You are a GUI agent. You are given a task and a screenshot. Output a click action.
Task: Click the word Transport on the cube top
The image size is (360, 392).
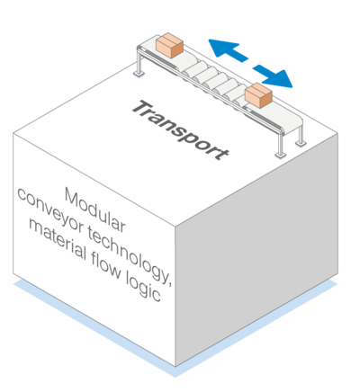coord(180,130)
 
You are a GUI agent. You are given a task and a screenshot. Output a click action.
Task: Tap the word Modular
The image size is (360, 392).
coord(95,209)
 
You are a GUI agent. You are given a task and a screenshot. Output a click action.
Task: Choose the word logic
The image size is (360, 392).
coord(143,284)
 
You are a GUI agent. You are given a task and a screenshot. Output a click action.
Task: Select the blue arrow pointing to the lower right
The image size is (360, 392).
coord(273,76)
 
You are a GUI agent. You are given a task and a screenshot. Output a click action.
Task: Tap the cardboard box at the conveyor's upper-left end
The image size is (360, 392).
coord(169,45)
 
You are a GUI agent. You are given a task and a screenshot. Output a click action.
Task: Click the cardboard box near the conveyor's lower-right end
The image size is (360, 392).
coord(258,95)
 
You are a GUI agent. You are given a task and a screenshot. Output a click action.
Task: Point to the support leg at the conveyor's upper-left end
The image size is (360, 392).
coord(139,64)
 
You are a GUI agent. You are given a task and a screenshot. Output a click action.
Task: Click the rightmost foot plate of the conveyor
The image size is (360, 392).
coord(301,143)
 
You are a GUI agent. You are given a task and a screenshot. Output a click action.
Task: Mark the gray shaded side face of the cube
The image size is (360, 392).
coord(256,250)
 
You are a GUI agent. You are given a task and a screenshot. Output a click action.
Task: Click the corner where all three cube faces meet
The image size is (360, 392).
coord(175,226)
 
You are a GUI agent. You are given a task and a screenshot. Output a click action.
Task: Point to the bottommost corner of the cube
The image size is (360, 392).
coord(175,367)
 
